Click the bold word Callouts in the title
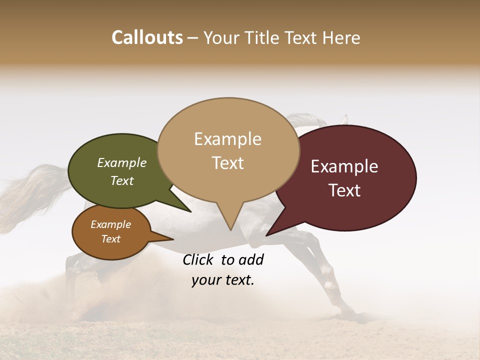pos(147,37)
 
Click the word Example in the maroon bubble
pos(344,166)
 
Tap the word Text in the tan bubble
pos(228,163)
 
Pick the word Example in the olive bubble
pos(122,162)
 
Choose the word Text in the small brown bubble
pos(111,239)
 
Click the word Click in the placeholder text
pos(198,260)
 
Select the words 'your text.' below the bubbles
pos(223,280)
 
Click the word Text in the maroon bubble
pos(345,190)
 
